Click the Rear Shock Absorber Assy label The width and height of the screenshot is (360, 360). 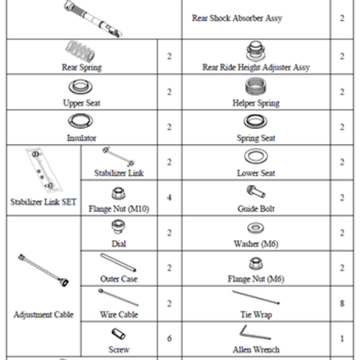coord(237,18)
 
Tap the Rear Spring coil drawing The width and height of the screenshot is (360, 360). coord(80,51)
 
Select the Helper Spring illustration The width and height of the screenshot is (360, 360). coord(255,86)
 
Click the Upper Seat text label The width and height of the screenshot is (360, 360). coord(81,103)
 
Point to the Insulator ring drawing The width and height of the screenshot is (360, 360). coord(80,121)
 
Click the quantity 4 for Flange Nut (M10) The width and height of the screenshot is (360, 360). coord(169,198)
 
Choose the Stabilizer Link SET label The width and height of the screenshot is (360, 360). coord(44,202)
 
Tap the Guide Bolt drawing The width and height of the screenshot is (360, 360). coord(255,192)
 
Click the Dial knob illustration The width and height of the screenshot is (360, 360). coord(118,227)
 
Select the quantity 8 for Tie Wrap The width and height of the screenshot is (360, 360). coord(342,303)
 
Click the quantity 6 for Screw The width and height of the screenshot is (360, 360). coord(169,338)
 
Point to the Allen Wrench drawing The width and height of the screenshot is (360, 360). coord(255,332)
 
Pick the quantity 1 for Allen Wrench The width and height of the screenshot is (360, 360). coord(342,339)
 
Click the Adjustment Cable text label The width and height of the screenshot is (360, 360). coord(44,315)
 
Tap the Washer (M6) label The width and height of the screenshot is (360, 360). coord(256,244)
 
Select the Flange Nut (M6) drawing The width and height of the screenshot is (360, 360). coord(255,263)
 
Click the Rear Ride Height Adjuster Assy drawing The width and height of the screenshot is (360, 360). coord(255,51)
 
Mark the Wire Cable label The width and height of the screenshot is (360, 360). coord(119,315)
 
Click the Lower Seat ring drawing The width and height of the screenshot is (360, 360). coord(255,156)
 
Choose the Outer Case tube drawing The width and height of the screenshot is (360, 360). coord(118,263)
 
